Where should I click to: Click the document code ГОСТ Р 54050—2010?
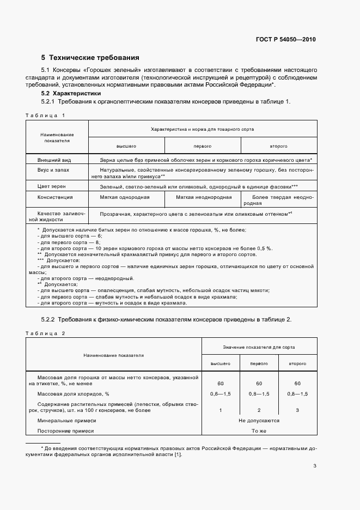tap(286, 40)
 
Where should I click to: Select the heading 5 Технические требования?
tap(90, 57)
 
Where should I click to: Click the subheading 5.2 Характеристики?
tap(68, 94)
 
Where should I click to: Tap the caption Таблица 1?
tap(45, 115)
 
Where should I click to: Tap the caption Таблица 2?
tap(45, 332)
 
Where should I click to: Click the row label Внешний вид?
tap(54, 161)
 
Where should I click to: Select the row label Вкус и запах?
tap(54, 171)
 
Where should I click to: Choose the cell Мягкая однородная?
tap(126, 197)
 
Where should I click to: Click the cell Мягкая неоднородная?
tap(204, 197)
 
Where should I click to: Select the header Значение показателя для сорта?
tap(259, 347)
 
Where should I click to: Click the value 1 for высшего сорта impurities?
tap(221, 410)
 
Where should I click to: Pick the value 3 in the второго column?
tap(297, 410)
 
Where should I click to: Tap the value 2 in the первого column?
tap(259, 410)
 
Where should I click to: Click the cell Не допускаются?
tap(259, 421)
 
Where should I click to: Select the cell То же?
tap(259, 431)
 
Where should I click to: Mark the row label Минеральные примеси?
tap(66, 421)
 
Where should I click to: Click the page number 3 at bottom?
tap(315, 466)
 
